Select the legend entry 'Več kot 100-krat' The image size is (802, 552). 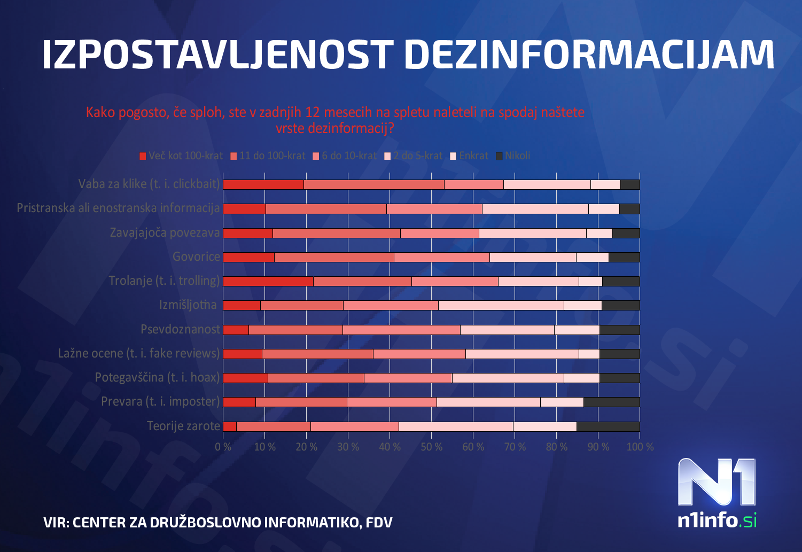[181, 156]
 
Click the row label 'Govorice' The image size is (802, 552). [196, 256]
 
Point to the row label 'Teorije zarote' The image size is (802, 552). [183, 426]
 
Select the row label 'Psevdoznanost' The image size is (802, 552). [180, 329]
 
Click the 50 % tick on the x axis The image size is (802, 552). [431, 447]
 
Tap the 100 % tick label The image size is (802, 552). [640, 447]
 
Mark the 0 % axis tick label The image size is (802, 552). [223, 447]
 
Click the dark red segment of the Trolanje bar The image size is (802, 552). [268, 281]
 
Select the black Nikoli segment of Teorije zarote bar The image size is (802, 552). [608, 426]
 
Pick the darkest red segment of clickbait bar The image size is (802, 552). [263, 184]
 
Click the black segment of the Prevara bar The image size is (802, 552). [611, 402]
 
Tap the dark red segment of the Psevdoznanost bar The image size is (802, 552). [236, 330]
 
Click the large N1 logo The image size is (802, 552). [717, 482]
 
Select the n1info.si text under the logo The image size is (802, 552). [717, 520]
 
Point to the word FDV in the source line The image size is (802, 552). [379, 523]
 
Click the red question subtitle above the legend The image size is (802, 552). [335, 120]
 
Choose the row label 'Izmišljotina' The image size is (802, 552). [188, 305]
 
